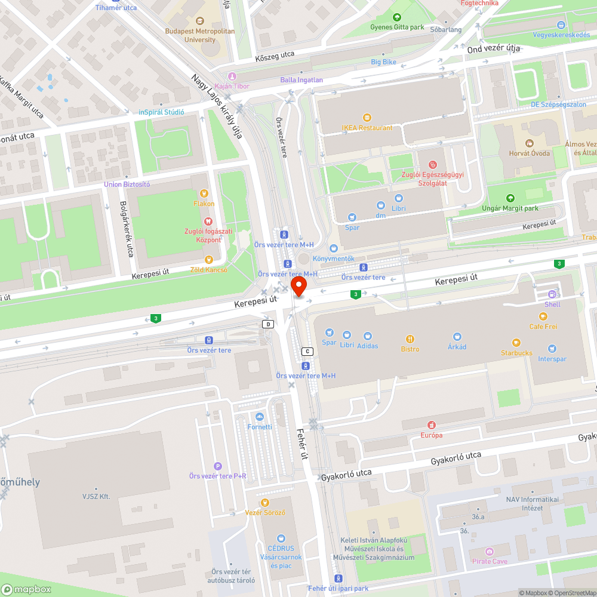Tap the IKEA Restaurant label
367,127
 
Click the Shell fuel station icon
552,294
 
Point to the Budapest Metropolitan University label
200,35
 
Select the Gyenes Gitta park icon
397,17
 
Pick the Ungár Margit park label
510,208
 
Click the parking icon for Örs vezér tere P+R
218,466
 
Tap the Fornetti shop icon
260,417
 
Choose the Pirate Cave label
490,561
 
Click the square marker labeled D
269,324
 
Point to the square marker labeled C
308,351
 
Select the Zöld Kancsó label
208,270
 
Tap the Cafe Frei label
543,327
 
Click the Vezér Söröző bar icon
266,503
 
